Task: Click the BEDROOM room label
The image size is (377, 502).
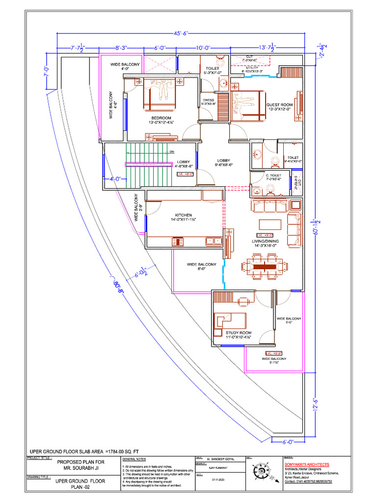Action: pos(161,118)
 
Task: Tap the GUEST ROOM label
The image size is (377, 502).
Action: pos(279,105)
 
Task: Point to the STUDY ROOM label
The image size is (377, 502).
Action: pos(239,333)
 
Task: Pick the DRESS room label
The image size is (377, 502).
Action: pos(209,100)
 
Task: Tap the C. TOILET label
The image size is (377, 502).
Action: pos(273,175)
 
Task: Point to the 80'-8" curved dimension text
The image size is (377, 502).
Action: pos(118,285)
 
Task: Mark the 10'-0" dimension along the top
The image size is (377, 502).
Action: pos(203,48)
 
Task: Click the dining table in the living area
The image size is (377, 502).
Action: pos(265,266)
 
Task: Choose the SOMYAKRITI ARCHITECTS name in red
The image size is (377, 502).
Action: pos(307,464)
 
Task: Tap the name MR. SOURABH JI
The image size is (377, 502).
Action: pos(80,468)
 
